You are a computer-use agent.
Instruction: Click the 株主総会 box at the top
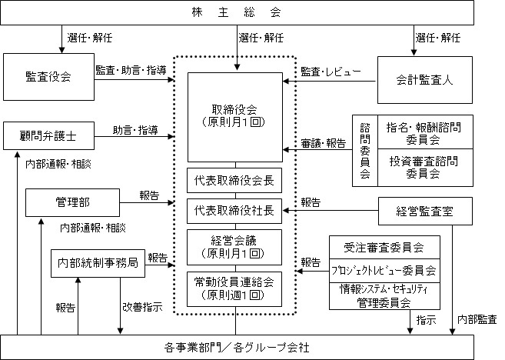pos(237,12)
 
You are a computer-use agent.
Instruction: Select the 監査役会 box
pos(48,77)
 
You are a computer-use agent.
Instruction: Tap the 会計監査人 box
pos(425,80)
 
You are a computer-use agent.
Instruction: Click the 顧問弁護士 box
pos(48,135)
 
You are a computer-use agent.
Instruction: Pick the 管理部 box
pos(72,202)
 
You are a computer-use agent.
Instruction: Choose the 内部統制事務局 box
pos(98,263)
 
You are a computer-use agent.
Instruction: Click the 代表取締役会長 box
pos(234,180)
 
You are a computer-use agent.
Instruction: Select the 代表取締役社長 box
pos(234,211)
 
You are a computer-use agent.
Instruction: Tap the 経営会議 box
pos(234,247)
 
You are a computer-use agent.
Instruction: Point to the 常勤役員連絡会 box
pos(234,289)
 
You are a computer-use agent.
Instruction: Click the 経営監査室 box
pos(425,211)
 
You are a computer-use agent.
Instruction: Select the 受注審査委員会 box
pos(384,247)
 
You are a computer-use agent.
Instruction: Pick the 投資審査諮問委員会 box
pos(425,168)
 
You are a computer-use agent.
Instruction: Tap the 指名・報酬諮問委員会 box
pos(425,132)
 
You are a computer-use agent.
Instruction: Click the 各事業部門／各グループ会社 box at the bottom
pos(237,348)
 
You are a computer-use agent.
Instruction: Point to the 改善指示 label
pos(143,307)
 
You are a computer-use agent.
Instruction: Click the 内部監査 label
pos(477,319)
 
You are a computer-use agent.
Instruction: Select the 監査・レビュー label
pos(331,72)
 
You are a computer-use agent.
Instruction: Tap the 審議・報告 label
pos(324,143)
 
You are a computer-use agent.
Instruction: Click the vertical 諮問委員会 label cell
pos(365,151)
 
